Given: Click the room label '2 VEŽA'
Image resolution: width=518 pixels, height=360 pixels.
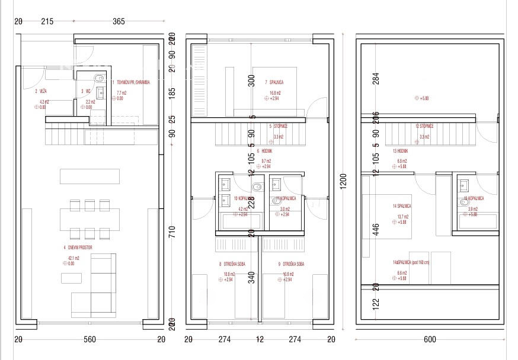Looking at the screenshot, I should tap(41, 91).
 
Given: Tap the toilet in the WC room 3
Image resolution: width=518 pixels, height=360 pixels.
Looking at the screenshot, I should tap(100, 79).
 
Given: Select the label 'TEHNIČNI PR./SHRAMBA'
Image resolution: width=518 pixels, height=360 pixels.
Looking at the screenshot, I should tap(133, 83).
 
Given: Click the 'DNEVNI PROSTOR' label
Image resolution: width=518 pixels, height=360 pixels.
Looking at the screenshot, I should tap(78, 247).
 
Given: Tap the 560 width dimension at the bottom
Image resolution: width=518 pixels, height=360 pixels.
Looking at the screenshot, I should tap(89, 339).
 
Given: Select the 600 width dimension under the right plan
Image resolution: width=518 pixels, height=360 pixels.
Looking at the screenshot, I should tap(430, 339).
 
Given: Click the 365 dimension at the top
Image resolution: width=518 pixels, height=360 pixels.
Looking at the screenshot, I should tap(119, 21).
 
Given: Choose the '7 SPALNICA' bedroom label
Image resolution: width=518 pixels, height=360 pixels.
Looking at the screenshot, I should tap(274, 83).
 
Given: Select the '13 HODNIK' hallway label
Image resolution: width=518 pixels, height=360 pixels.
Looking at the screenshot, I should tap(400, 151).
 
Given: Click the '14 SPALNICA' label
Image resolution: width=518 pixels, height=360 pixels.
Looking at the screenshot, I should tap(402, 206).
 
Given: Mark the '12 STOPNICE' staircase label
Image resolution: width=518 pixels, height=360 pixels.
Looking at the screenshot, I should tap(424, 126).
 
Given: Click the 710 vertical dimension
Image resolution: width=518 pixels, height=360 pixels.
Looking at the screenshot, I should tap(172, 233).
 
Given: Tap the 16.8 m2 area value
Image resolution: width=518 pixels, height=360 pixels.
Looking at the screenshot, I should tap(274, 93).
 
